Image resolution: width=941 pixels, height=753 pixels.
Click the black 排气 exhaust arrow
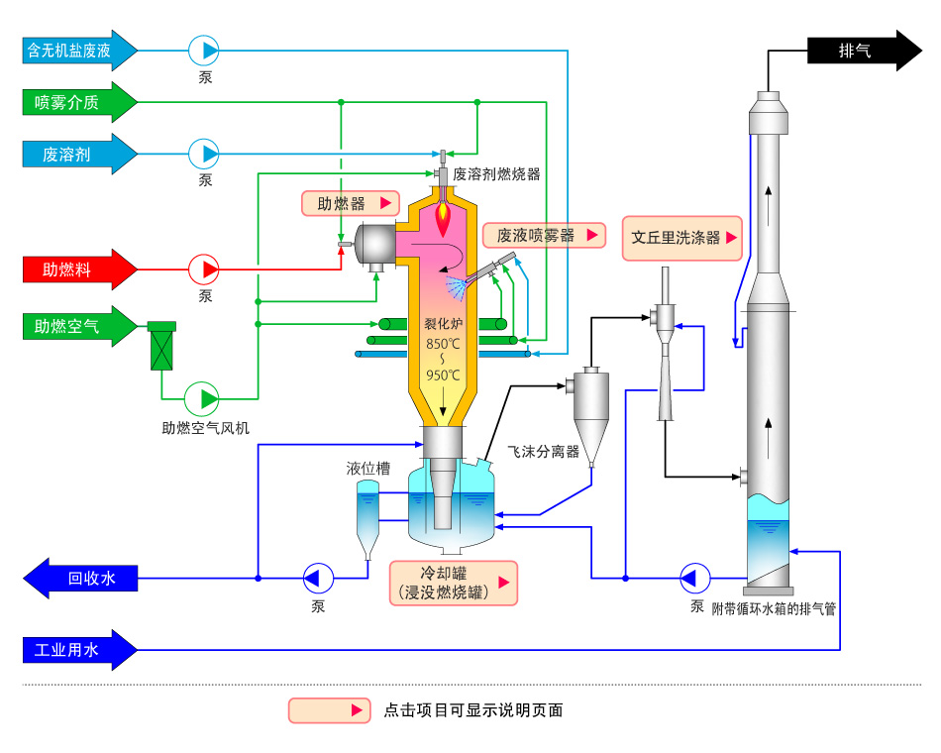pos(864,51)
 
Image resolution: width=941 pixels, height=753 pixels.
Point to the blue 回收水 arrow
pos(80,579)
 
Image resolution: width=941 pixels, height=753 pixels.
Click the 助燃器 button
pos(351,203)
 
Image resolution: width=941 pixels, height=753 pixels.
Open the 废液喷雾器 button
pos(545,236)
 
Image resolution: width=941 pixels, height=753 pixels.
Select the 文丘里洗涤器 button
pos(682,239)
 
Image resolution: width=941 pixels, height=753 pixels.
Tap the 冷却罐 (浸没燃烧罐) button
pos(454,583)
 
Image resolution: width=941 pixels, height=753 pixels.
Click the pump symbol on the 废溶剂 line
pos(204,154)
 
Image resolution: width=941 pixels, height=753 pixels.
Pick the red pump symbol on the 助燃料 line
pos(204,269)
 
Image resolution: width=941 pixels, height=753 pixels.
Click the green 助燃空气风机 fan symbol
pos(202,398)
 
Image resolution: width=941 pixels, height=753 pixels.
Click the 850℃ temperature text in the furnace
pos(443,344)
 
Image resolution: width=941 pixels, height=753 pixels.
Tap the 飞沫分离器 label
pos(544,452)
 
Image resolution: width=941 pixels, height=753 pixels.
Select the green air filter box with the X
pos(161,346)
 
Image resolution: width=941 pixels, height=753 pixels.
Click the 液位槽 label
pos(368,469)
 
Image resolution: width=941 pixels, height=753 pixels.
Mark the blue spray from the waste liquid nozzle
pos(457,287)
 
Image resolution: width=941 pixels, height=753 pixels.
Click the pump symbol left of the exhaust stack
pos(695,579)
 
